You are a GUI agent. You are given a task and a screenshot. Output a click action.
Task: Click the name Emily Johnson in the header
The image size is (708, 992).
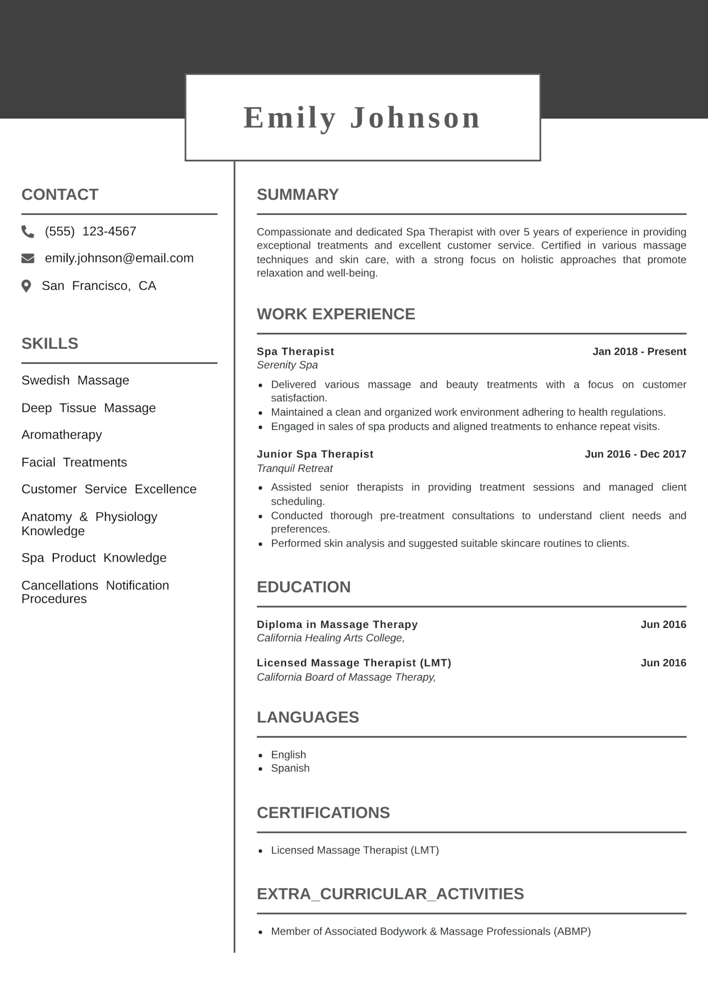coord(362,118)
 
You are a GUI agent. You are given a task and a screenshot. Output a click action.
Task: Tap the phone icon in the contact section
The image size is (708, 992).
coord(28,231)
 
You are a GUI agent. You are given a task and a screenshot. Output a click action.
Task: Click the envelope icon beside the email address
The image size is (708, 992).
coord(28,259)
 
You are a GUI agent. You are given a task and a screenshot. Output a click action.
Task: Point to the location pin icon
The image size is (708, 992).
coord(27,286)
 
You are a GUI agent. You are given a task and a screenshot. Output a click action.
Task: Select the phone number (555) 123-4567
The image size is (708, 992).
coord(90,231)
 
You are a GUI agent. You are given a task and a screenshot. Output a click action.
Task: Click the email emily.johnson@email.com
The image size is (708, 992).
coord(119,258)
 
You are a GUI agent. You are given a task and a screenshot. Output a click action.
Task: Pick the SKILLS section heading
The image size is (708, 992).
coord(50,344)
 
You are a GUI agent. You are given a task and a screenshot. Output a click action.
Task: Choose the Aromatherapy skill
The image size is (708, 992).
coord(62,434)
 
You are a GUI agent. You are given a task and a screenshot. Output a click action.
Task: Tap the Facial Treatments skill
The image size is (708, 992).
coord(74,462)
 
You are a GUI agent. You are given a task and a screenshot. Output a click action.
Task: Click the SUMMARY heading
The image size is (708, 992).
coord(298,194)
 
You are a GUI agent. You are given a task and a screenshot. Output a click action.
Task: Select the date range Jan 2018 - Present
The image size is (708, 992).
coord(639,351)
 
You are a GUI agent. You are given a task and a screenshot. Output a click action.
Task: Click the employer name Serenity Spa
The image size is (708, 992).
coord(287,365)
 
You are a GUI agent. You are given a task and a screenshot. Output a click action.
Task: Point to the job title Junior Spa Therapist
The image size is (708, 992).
coord(315,454)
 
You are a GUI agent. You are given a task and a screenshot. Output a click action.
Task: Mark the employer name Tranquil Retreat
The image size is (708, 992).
coord(294,468)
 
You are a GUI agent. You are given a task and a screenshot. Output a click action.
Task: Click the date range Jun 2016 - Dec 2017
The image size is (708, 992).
coord(635,454)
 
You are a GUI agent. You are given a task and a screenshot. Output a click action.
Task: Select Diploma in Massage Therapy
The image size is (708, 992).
coord(337,625)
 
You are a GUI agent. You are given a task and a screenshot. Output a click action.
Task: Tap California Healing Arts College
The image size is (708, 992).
coord(330,638)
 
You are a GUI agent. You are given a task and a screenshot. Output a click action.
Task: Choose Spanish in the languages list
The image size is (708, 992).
coord(290,768)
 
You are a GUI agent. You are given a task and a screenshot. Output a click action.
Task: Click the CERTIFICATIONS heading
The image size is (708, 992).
coord(323,813)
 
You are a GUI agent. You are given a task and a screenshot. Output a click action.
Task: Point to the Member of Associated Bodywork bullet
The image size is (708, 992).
coord(430,931)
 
